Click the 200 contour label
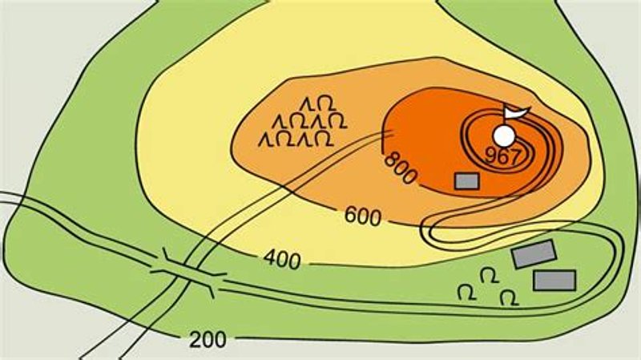click(208, 339)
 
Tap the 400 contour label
click(281, 260)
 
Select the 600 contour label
click(363, 215)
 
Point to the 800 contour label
click(401, 168)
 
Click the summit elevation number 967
click(503, 157)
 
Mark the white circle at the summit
click(504, 135)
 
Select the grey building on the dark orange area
click(466, 181)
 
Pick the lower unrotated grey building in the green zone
click(554, 280)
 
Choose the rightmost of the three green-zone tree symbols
click(507, 297)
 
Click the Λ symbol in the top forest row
click(304, 103)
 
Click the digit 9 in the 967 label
click(490, 156)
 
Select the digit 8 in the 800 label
click(391, 157)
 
